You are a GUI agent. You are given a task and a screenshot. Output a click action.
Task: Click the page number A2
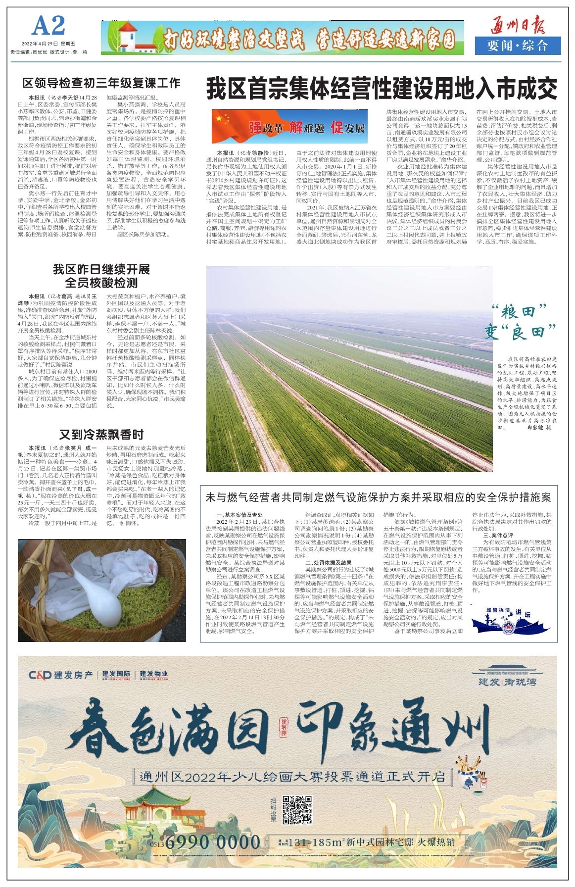click(x=48, y=26)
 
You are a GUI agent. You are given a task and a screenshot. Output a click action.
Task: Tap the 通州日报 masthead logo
click(x=518, y=24)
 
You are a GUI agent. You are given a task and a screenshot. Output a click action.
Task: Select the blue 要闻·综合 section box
click(x=518, y=46)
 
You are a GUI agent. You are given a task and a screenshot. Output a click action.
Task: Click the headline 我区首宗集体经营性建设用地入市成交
click(x=382, y=89)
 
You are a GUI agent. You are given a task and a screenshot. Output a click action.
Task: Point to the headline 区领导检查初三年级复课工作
click(x=101, y=83)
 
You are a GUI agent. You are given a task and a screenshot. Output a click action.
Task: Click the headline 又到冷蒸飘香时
click(x=101, y=435)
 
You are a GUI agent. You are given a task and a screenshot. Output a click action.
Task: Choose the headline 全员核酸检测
click(x=101, y=283)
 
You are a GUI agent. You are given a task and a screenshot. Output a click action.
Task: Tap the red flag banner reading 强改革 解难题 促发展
click(x=290, y=126)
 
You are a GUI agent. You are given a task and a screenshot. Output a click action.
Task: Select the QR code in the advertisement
click(x=297, y=810)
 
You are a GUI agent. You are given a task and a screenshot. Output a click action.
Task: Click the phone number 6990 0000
click(x=213, y=842)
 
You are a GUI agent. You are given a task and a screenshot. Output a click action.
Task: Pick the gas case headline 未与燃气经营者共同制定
click(x=378, y=497)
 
